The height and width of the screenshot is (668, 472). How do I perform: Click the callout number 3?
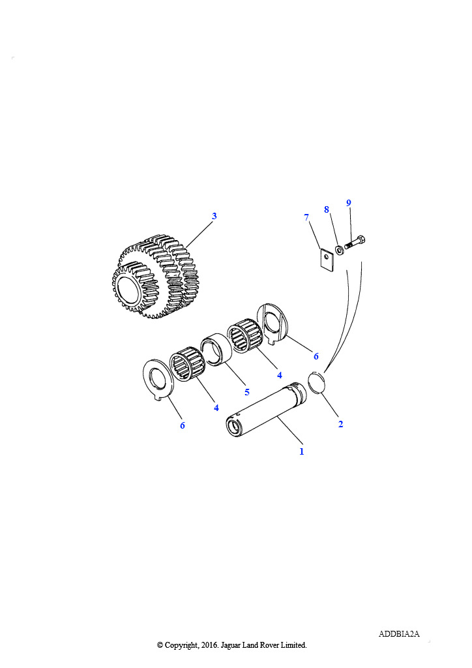[214, 216]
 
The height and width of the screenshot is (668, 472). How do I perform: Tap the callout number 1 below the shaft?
[302, 451]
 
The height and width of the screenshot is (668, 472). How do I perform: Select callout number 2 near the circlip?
[340, 424]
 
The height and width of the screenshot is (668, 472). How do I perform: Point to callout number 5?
[247, 392]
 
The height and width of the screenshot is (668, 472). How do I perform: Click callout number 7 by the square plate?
[306, 218]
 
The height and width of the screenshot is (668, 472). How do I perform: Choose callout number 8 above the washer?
[327, 209]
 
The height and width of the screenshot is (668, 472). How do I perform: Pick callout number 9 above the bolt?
[349, 203]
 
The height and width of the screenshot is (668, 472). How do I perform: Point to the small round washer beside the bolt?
[340, 250]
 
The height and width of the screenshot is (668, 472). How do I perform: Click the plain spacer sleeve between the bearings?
[216, 350]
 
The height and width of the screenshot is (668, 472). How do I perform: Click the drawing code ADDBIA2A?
[399, 634]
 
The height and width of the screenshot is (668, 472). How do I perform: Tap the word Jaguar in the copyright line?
[231, 645]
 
